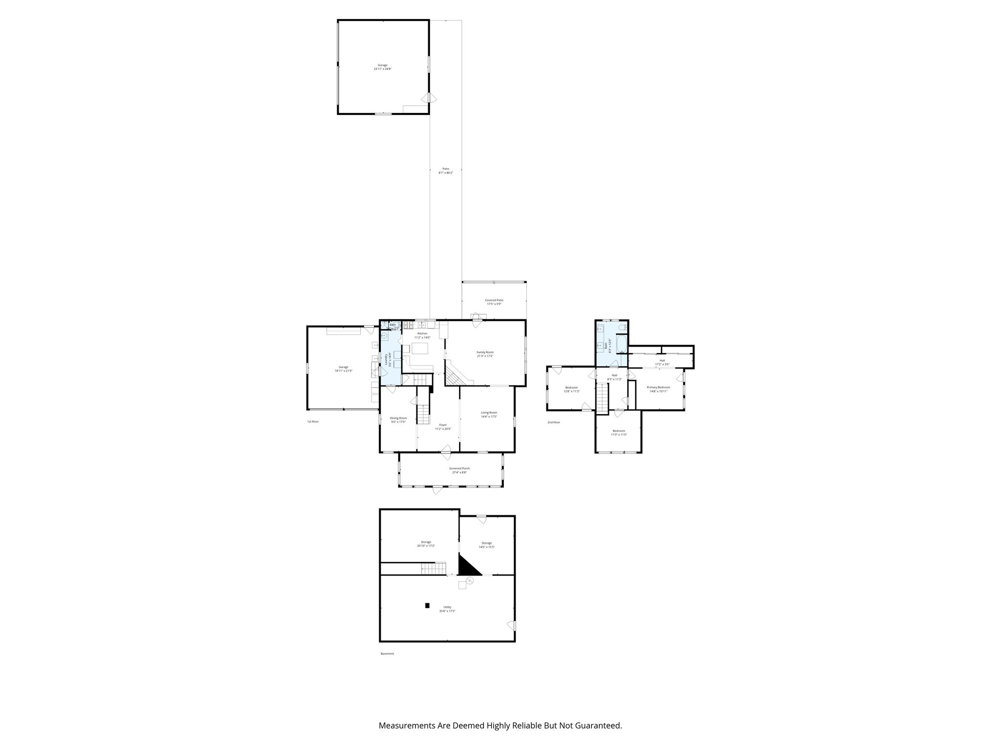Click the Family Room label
(x=485, y=352)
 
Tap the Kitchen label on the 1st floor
(x=422, y=333)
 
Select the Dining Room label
(x=398, y=418)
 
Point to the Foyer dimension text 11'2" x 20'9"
(x=443, y=429)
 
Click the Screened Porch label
(x=459, y=468)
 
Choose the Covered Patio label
(x=494, y=300)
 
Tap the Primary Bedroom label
(x=658, y=387)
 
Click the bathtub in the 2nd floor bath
(x=621, y=345)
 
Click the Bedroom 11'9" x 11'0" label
(x=619, y=431)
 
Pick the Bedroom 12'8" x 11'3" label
(x=571, y=387)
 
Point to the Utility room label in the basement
(x=447, y=607)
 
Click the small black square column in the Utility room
(x=427, y=605)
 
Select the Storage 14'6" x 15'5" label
(x=486, y=543)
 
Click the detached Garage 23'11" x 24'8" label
(x=382, y=65)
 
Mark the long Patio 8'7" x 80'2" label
(x=446, y=169)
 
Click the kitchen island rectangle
(x=420, y=349)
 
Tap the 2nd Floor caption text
(x=553, y=422)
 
